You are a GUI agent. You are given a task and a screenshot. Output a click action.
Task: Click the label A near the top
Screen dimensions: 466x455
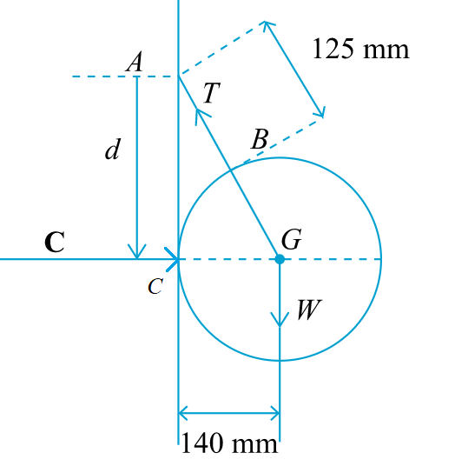135,62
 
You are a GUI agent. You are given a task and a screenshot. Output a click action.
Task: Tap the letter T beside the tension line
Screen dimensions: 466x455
209,93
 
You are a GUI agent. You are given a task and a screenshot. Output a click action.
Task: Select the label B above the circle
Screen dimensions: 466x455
260,138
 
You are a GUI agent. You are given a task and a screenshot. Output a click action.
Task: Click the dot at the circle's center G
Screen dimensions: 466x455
280,259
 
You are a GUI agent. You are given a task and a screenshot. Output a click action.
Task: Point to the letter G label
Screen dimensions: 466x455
292,239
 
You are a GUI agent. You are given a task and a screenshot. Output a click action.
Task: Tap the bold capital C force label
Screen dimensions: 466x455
54,242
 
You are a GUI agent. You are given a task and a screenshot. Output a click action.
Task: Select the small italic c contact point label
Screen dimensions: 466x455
155,288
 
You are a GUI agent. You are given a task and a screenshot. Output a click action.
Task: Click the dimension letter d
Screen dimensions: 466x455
112,150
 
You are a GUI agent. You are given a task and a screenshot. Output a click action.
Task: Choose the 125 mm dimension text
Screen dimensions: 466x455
359,48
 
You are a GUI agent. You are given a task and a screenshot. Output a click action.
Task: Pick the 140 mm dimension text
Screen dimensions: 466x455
229,444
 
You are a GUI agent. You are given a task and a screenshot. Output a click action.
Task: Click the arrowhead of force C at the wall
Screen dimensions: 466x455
176,259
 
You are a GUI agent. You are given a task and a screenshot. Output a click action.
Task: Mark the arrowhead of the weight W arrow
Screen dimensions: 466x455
280,323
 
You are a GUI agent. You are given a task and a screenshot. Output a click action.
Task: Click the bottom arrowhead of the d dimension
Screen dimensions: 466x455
137,254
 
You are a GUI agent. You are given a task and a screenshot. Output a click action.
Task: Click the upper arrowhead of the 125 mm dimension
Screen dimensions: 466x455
267,23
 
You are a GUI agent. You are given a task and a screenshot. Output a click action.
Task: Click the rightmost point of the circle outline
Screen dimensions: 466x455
381,259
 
